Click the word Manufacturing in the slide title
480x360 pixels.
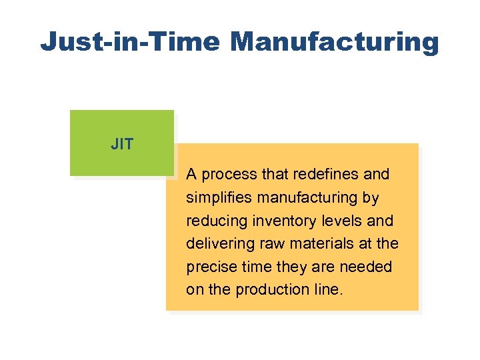pyautogui.click(x=335, y=41)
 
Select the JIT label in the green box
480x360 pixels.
pyautogui.click(x=122, y=144)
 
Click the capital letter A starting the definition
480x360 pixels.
pyautogui.click(x=191, y=175)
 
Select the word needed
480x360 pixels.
pyautogui.click(x=369, y=267)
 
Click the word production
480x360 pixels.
pyautogui.click(x=273, y=290)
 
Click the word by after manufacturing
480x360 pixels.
pyautogui.click(x=370, y=198)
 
